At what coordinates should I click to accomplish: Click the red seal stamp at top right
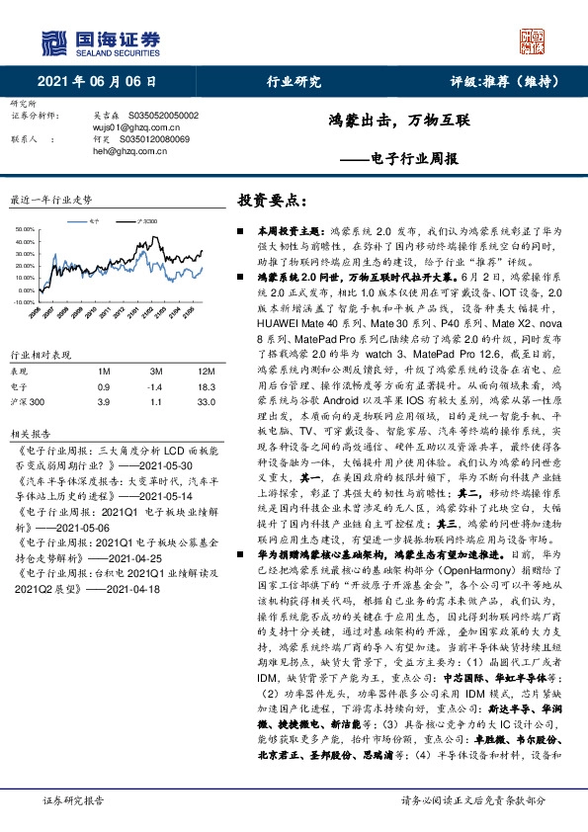point(535,41)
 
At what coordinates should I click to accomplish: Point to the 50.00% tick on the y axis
point(27,231)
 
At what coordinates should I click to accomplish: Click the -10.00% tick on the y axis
point(26,302)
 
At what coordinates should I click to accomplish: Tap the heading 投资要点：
point(266,200)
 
